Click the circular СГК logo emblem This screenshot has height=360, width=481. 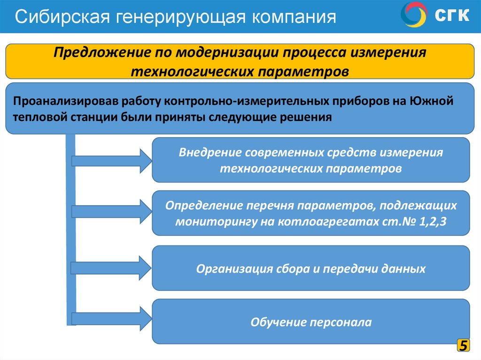pos(414,15)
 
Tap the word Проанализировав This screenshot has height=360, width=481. pos(62,100)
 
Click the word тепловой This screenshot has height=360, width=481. pos(39,117)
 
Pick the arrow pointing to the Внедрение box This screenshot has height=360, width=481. pos(111,161)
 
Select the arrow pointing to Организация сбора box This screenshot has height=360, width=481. pos(111,267)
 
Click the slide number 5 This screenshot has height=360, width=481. pos(463,346)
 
